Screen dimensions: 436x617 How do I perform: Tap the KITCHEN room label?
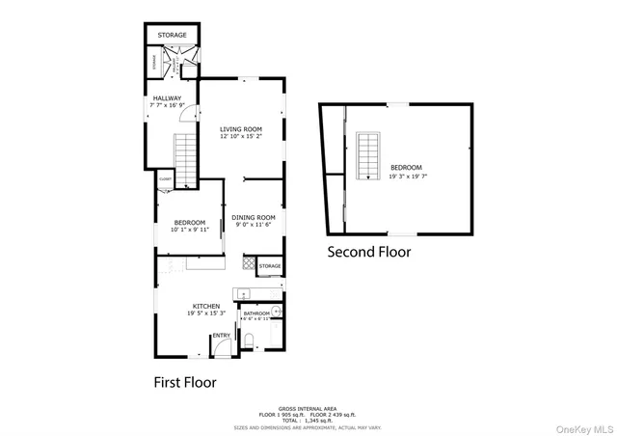[205, 305]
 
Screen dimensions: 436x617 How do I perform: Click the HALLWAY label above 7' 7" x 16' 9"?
[168, 97]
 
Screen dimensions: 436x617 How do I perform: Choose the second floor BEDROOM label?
[406, 168]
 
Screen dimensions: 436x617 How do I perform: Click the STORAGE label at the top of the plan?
[173, 35]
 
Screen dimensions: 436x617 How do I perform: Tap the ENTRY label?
[221, 336]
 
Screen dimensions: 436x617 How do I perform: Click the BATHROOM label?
[255, 313]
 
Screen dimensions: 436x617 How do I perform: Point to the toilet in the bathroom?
[249, 340]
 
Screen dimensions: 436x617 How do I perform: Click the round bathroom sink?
[276, 311]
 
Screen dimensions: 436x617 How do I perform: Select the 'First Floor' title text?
[185, 382]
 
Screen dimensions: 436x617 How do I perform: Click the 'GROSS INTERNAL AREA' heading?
[308, 409]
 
